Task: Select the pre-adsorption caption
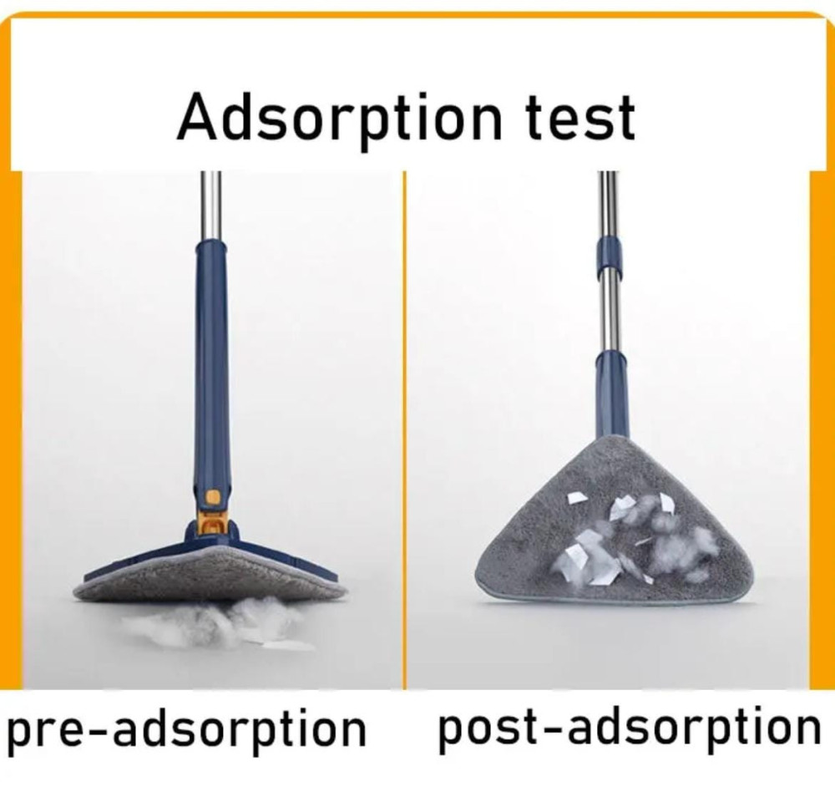coord(185,728)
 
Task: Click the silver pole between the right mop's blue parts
coord(610,313)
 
